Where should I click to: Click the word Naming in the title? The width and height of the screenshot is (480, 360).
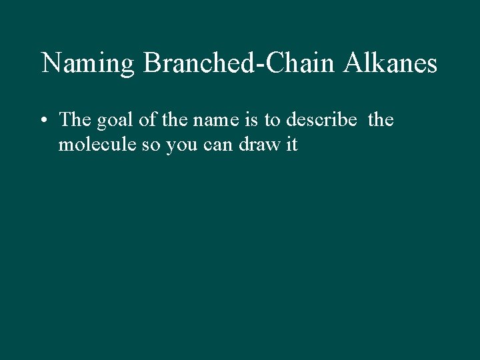pos(88,64)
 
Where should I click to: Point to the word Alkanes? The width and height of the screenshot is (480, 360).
pos(391,63)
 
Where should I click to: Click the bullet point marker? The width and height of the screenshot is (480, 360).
pos(44,121)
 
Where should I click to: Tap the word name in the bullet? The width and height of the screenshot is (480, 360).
pos(211,121)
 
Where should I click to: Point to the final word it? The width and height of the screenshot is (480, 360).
pos(291,145)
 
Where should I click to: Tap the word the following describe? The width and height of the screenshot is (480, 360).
pos(381,120)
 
